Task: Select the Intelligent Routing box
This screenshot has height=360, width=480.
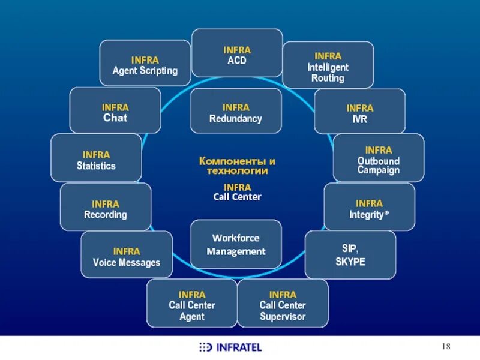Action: tap(328, 65)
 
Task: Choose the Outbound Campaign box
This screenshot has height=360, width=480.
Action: tap(378, 158)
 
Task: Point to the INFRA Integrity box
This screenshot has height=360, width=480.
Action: tap(369, 207)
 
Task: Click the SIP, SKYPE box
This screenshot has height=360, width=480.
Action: tap(350, 254)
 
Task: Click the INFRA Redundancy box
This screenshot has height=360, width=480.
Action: tap(236, 111)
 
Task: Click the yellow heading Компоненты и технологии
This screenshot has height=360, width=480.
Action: tap(237, 166)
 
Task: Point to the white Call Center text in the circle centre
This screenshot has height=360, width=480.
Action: tap(238, 197)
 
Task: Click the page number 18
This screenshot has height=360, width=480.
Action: tap(446, 346)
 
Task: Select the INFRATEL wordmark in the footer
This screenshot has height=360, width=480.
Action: tap(239, 347)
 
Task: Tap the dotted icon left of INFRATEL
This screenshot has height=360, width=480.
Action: tap(205, 347)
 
